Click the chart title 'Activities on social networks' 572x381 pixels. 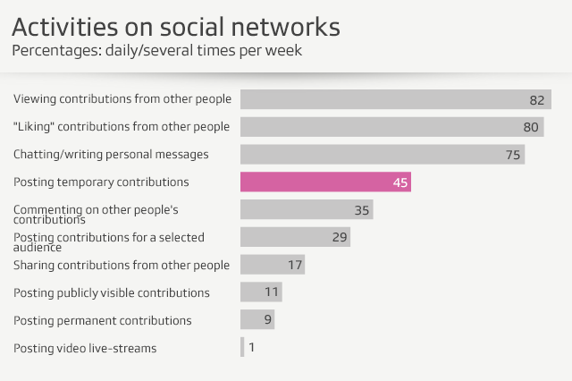tap(176, 25)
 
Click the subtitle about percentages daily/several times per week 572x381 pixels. tap(156, 50)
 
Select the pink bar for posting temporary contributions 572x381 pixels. tap(325, 182)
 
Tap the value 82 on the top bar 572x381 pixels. tap(536, 99)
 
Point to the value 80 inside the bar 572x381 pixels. tap(530, 127)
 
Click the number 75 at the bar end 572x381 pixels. tap(513, 155)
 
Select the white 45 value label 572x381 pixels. tap(400, 182)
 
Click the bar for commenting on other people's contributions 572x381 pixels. tap(306, 210)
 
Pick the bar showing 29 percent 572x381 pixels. tap(295, 237)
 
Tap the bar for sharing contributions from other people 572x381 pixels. tap(273, 265)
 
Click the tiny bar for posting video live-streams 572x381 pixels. tap(242, 347)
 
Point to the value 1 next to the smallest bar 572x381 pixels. tap(251, 347)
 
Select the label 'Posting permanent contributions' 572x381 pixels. tap(102, 320)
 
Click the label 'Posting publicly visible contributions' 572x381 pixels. tap(112, 292)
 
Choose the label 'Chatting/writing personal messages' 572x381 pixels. tap(111, 155)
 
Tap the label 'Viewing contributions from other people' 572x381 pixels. tap(122, 99)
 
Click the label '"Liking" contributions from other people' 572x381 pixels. tap(122, 127)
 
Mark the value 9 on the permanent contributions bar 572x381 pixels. tap(266, 320)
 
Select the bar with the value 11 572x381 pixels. tap(261, 292)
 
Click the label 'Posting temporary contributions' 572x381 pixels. tap(101, 182)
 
